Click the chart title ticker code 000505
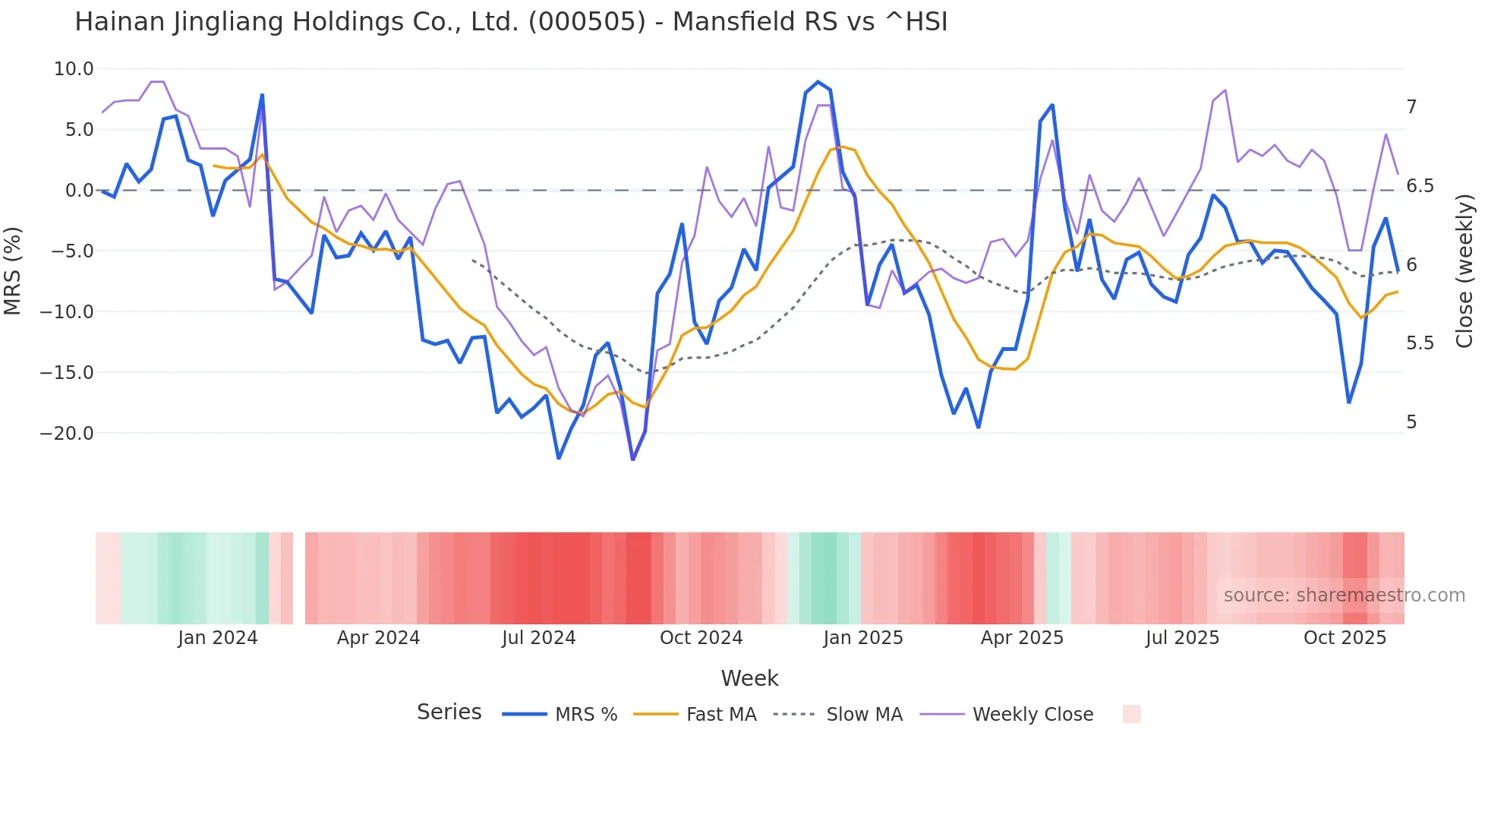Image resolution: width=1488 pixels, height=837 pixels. pos(587,22)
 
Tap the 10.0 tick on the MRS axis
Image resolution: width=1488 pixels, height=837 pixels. pos(74,69)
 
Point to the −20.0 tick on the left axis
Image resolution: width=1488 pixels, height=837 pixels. pos(67,434)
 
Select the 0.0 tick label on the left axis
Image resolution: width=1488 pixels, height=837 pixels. pos(79,191)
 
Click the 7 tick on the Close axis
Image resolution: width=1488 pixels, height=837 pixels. pos(1411,107)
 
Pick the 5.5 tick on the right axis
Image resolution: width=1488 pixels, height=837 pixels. pos(1420,343)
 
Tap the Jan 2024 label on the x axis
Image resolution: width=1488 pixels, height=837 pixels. pos(218,638)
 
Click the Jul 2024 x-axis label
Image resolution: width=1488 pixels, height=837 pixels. pos(538,638)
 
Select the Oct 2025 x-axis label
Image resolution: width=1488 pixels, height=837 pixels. pos(1345,638)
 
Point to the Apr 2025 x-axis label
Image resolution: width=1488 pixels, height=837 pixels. pos(1022,638)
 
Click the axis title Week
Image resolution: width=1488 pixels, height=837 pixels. pos(749,678)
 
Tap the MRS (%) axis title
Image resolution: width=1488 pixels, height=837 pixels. pos(12,270)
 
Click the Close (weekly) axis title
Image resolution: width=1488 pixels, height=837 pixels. pos(1464,270)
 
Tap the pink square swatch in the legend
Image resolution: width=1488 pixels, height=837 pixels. pos(1131,714)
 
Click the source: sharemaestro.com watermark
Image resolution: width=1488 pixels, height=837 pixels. pos(1344,595)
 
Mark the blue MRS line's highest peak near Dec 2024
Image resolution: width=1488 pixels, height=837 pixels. pos(818,82)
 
